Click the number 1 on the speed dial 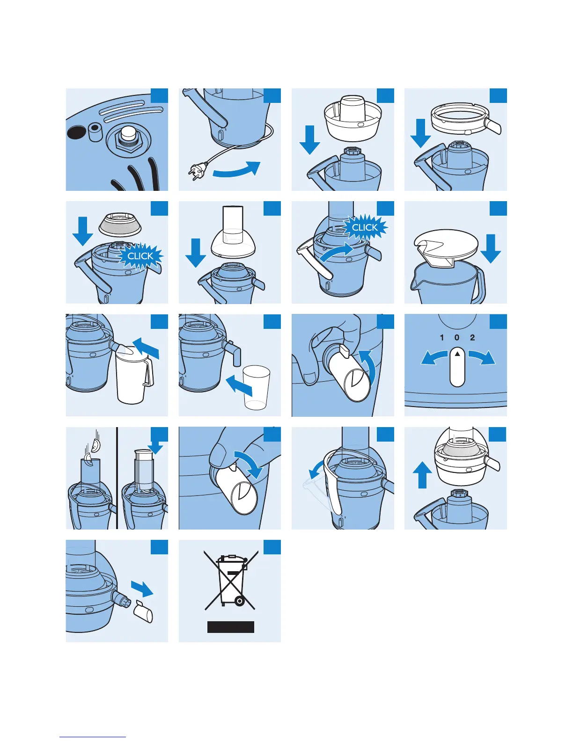click(441, 338)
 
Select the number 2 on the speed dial click(472, 338)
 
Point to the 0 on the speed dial click(457, 338)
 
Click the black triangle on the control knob click(457, 354)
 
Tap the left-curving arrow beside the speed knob click(433, 358)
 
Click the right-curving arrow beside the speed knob click(482, 358)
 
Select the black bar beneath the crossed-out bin click(231, 627)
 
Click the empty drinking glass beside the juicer click(257, 388)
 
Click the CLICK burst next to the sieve click(140, 256)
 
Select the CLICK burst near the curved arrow click(365, 227)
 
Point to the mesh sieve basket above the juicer click(120, 224)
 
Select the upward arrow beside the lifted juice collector click(422, 474)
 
